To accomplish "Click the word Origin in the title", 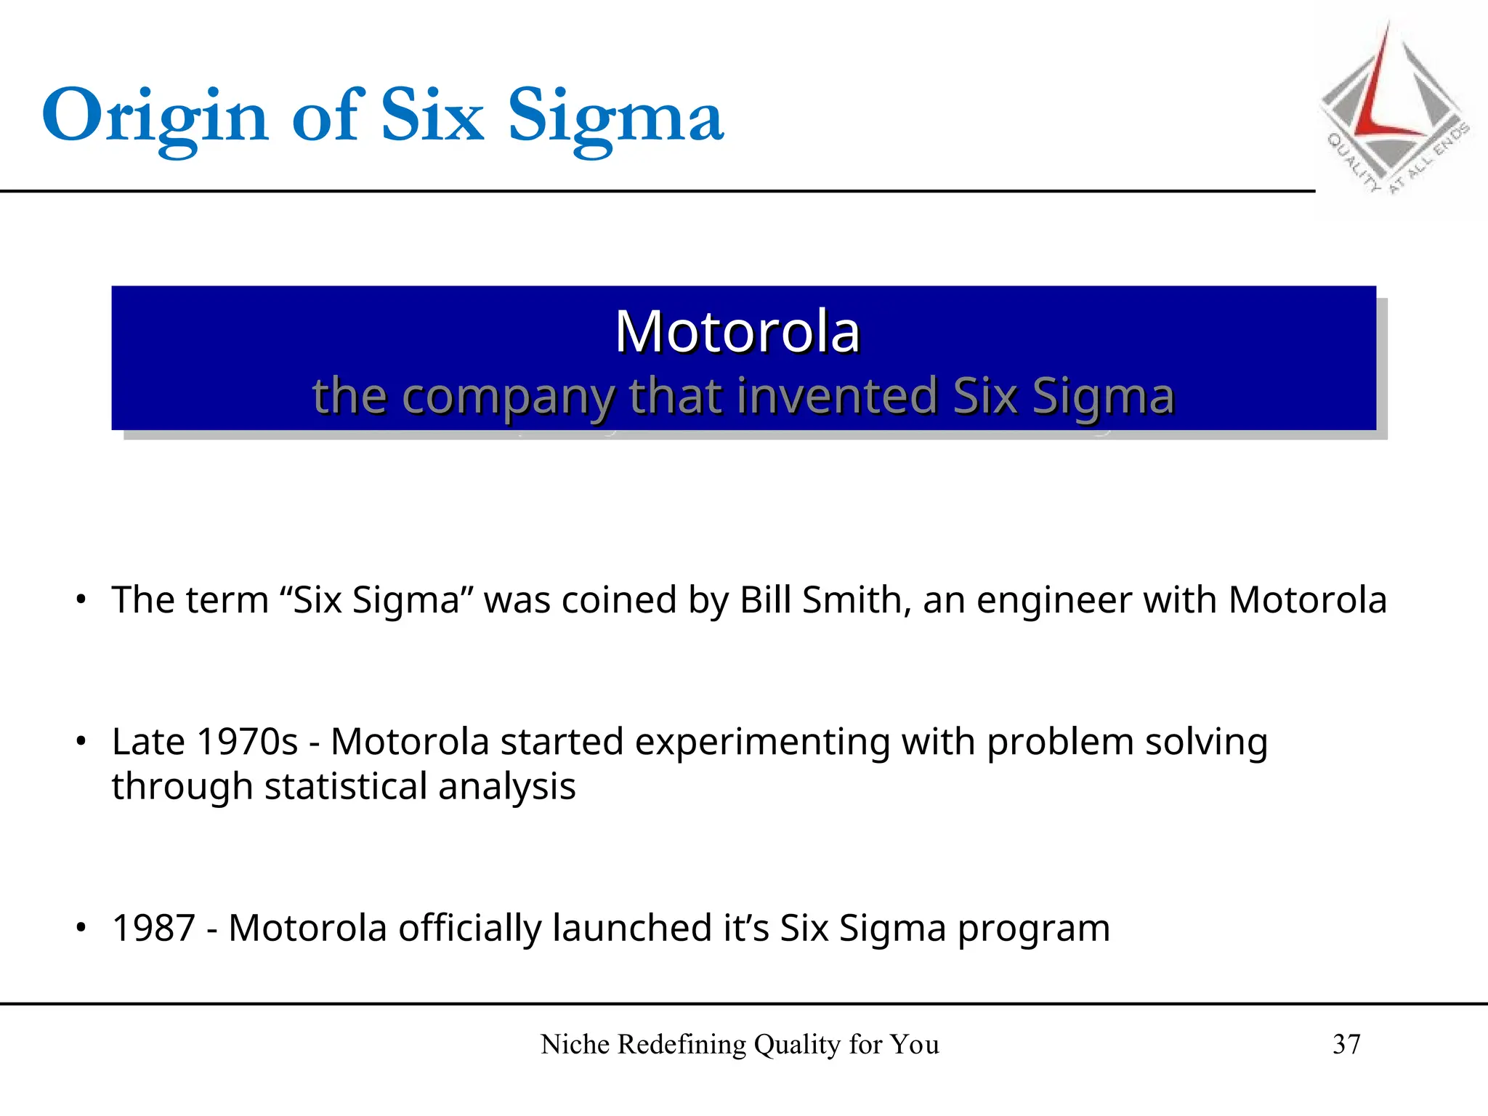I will tap(155, 116).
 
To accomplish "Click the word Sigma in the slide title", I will tap(615, 116).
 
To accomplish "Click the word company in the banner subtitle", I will tap(508, 397).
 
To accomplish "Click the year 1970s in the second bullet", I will tap(247, 742).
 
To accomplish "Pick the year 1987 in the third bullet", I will tap(153, 928).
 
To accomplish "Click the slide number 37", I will tap(1346, 1044).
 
